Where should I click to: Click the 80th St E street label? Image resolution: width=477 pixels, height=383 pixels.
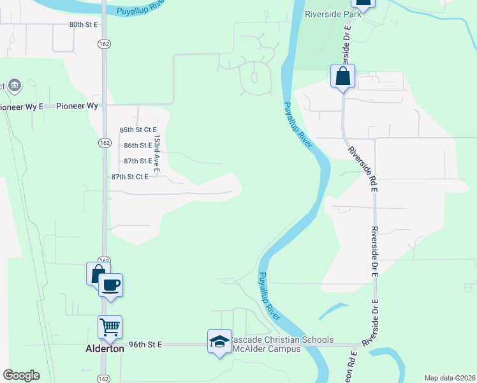(x=85, y=24)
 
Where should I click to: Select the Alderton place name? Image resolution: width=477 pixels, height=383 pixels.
(x=105, y=349)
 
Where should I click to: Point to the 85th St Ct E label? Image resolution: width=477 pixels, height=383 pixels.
(x=138, y=130)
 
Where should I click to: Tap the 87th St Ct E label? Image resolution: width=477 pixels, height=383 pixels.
(x=129, y=177)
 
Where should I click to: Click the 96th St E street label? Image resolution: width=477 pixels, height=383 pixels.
(x=145, y=344)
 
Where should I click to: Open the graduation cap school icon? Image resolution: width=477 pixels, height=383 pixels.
(x=219, y=342)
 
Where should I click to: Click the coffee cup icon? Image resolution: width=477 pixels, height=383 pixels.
(x=110, y=284)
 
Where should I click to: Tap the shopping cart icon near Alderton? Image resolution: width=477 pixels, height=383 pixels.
(x=110, y=327)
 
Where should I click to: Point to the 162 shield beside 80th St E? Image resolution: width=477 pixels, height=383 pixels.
(x=104, y=44)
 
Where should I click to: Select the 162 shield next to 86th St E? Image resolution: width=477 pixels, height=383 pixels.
(x=104, y=143)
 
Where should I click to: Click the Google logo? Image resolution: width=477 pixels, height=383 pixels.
(x=21, y=375)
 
